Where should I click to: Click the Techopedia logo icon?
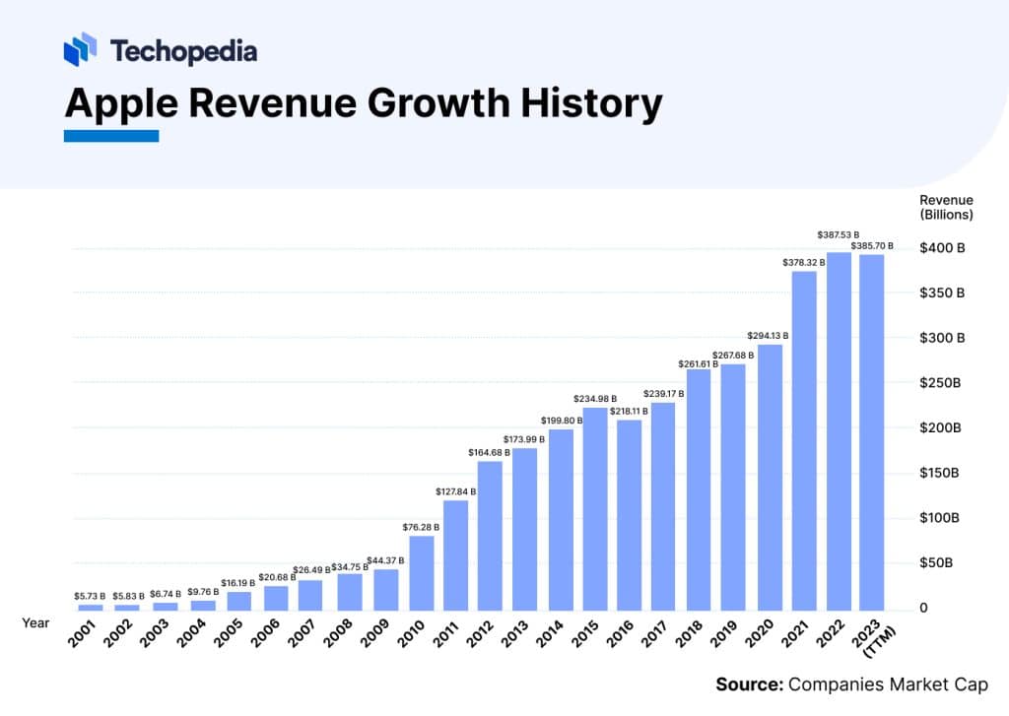[x=80, y=49]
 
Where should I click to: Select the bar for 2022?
[x=839, y=430]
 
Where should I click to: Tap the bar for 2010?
[x=421, y=572]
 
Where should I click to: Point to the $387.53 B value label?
[x=839, y=234]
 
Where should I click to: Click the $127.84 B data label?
[x=455, y=490]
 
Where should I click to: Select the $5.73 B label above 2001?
[x=90, y=596]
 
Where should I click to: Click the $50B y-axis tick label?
[x=937, y=563]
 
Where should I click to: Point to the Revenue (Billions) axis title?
[x=946, y=207]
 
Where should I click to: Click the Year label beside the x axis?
[x=35, y=621]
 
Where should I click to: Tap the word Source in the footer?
[x=748, y=684]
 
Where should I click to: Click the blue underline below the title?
[x=111, y=136]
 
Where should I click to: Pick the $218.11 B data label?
[x=629, y=410]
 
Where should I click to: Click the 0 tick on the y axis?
[x=923, y=608]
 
